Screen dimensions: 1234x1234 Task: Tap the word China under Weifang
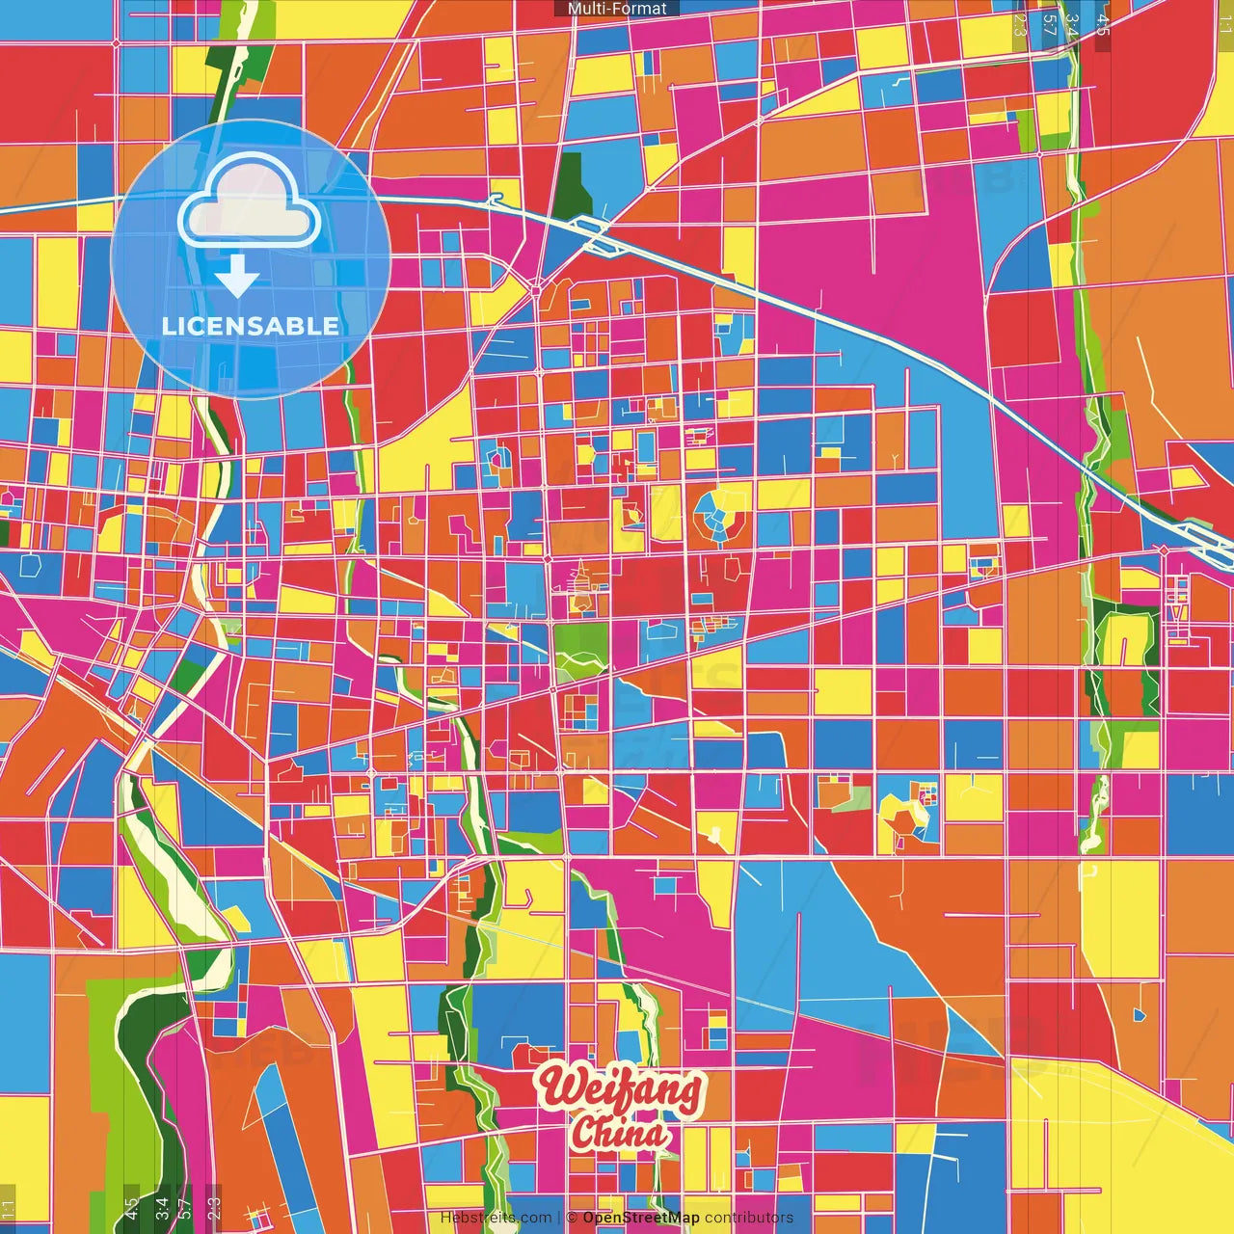pyautogui.click(x=618, y=1133)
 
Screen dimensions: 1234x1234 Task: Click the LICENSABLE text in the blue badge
pyautogui.click(x=251, y=326)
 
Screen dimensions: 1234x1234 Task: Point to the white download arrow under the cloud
pyautogui.click(x=237, y=279)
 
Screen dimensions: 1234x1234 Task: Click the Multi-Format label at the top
pyautogui.click(x=617, y=9)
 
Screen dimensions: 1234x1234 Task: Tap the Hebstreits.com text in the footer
pyautogui.click(x=496, y=1218)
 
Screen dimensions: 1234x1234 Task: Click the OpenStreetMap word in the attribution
pyautogui.click(x=641, y=1218)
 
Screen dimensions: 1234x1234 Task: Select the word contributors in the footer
pyautogui.click(x=749, y=1218)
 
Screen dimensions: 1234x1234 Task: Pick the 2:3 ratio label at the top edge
pyautogui.click(x=1021, y=25)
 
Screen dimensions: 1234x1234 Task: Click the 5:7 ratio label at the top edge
pyautogui.click(x=1050, y=25)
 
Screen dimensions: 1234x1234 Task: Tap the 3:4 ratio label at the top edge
pyautogui.click(x=1072, y=25)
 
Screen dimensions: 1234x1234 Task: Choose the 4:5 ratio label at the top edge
pyautogui.click(x=1102, y=25)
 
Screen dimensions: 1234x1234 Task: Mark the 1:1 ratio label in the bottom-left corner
pyautogui.click(x=9, y=1209)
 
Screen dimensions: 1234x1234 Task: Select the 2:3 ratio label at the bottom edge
pyautogui.click(x=213, y=1207)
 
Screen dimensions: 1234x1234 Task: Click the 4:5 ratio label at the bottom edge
pyautogui.click(x=131, y=1207)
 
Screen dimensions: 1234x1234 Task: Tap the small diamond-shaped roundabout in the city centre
pyautogui.click(x=536, y=288)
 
